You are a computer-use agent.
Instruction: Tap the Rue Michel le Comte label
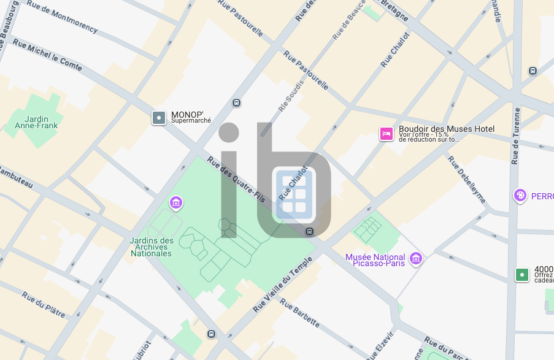click(x=47, y=55)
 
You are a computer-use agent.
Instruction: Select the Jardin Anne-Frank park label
click(x=36, y=123)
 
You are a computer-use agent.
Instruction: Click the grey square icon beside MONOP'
click(x=159, y=117)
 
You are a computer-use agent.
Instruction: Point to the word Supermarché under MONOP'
click(x=191, y=121)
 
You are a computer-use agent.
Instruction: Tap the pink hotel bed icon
click(x=387, y=134)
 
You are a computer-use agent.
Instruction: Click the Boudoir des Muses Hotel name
click(x=446, y=129)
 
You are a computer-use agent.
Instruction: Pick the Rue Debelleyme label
click(x=466, y=179)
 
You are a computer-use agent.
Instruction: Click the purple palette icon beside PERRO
click(x=520, y=196)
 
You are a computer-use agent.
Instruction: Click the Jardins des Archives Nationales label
click(x=151, y=247)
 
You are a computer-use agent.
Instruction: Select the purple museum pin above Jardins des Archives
click(x=176, y=202)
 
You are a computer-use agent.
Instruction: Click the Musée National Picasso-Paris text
click(x=375, y=260)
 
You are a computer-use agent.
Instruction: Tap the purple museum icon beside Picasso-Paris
click(x=417, y=258)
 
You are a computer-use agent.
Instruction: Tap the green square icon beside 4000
click(x=522, y=275)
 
